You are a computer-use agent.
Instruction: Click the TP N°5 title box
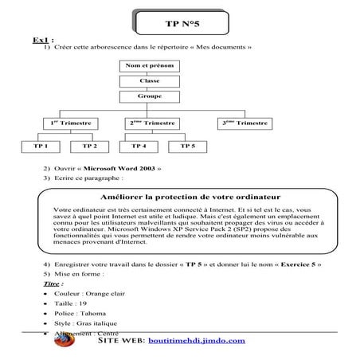point(181,22)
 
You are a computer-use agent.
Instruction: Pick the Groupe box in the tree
point(149,96)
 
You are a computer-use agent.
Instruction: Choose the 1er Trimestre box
point(69,123)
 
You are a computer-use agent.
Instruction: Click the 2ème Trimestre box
point(150,123)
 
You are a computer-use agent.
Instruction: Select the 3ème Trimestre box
point(245,123)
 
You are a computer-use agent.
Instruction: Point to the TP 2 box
point(90,147)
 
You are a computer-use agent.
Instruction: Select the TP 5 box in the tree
point(188,147)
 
